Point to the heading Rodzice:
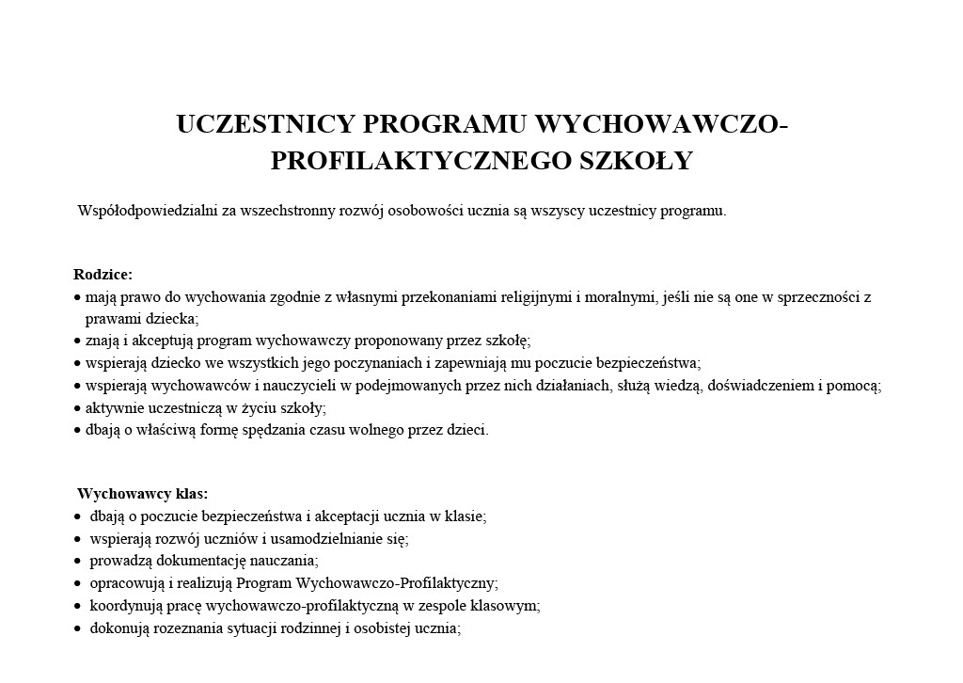click(x=103, y=275)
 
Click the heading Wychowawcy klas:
click(x=143, y=494)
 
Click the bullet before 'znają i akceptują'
click(x=77, y=341)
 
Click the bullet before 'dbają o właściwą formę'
click(x=77, y=431)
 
